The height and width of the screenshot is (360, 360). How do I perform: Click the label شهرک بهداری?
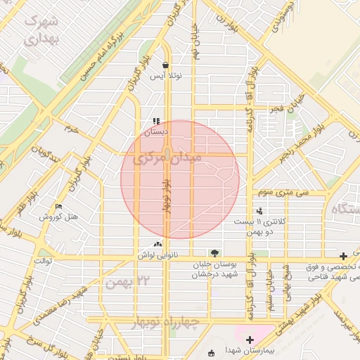43,30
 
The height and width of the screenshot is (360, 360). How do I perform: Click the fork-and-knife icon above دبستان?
155,121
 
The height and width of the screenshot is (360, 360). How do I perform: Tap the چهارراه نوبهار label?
165,322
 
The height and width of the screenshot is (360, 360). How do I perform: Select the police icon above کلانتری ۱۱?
259,210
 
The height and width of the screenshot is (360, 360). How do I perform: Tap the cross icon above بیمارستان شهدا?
250,340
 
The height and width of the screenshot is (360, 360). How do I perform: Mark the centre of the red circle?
180,179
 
